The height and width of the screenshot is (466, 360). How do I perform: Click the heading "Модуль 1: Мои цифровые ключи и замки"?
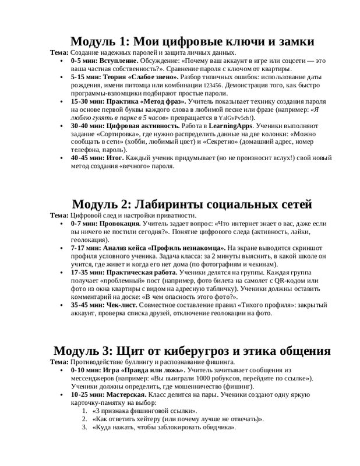193,42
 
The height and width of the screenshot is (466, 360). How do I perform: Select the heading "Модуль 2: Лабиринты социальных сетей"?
193,204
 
